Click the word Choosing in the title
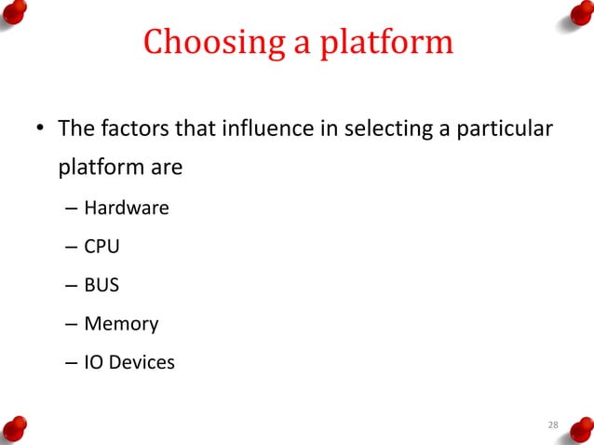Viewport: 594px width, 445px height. (x=201, y=43)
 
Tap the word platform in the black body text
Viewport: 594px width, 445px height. (x=96, y=169)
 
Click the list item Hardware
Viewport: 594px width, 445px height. (x=127, y=208)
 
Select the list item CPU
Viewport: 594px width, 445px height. (x=101, y=247)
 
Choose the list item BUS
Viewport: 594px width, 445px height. (x=101, y=285)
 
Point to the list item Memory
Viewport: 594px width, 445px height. (x=121, y=324)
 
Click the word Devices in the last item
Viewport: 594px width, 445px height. (x=142, y=362)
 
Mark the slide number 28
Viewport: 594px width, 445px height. (x=553, y=425)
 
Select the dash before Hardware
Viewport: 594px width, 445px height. (x=72, y=209)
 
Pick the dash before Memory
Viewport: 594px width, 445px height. (x=72, y=325)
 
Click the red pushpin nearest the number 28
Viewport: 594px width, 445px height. (x=578, y=427)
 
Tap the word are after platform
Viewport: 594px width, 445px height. (x=161, y=169)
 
